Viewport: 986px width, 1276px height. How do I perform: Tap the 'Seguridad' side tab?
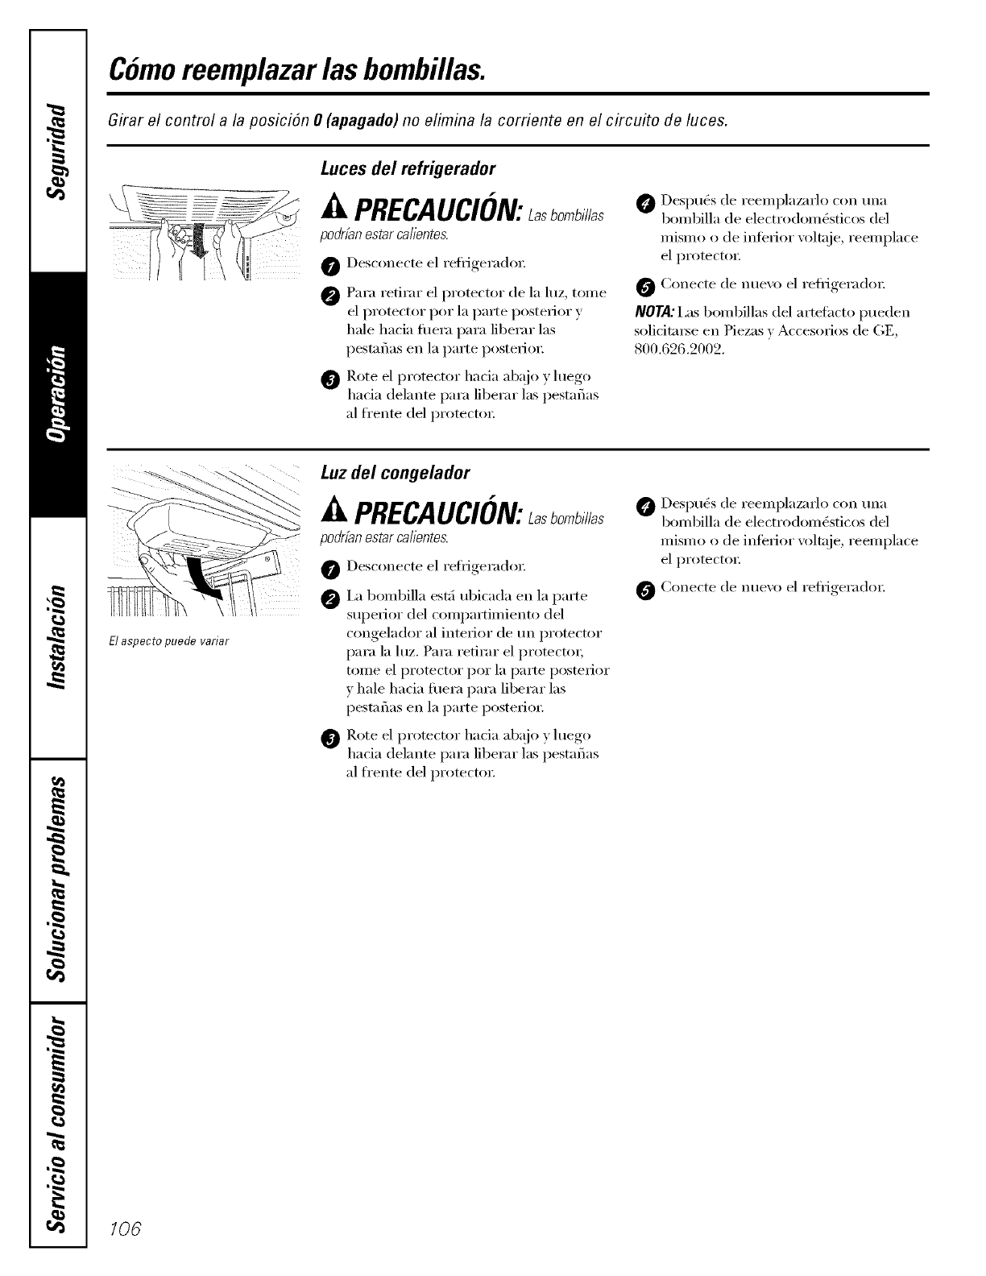click(x=56, y=150)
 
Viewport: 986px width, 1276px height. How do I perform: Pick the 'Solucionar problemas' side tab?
click(x=56, y=878)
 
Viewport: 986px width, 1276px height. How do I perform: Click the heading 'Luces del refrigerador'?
click(x=408, y=169)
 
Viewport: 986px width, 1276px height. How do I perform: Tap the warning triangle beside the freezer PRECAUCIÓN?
click(x=332, y=511)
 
